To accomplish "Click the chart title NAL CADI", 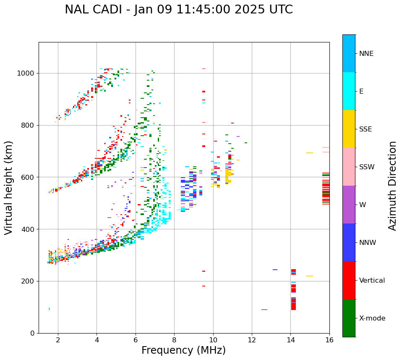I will pos(179,10).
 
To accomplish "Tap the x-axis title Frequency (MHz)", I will pos(183,350).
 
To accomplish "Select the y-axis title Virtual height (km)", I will pos(9,187).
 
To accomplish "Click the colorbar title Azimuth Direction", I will pos(392,186).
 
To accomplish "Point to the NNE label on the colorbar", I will pos(366,54).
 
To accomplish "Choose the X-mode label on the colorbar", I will pos(372,318).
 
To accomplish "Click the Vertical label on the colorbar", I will pos(372,281).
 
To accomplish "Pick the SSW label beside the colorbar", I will pos(367,167).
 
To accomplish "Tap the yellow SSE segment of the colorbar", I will pos(349,129).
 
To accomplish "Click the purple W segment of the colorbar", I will pos(349,205).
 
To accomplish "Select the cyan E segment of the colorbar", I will pos(349,91).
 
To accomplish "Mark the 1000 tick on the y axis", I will pos(28,74).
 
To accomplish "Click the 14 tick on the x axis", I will pos(290,339).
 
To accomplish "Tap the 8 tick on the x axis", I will pos(174,339).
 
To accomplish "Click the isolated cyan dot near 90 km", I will pos(49,309).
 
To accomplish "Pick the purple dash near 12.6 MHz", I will pos(264,310).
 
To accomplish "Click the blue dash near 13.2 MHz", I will pos(275,270).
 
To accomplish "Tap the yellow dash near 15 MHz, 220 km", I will pos(310,276).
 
